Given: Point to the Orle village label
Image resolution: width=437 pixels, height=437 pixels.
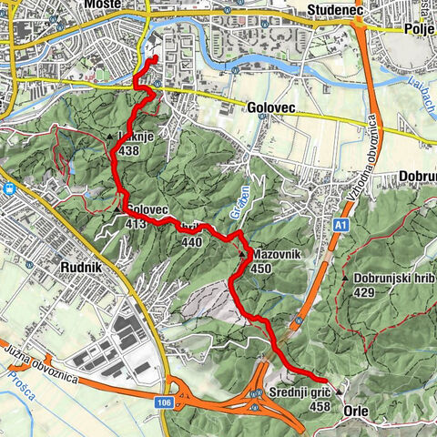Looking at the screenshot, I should pos(355,411).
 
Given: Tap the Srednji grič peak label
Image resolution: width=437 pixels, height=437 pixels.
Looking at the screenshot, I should pos(298,391).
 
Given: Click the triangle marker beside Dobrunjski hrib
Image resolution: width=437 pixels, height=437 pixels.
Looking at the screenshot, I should pos(346,277).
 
